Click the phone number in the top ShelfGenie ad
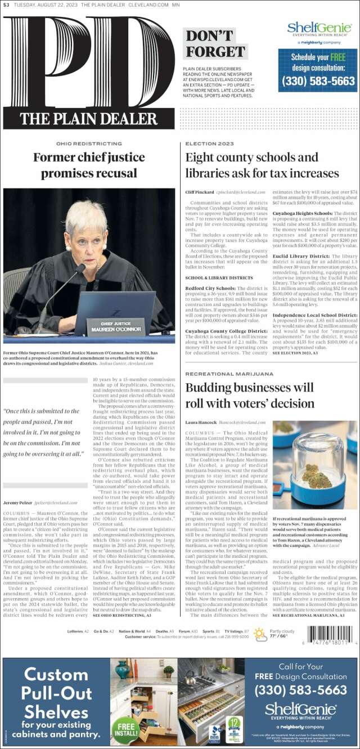click(x=318, y=81)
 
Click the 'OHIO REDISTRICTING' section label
click(x=89, y=144)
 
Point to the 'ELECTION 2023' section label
click(x=205, y=144)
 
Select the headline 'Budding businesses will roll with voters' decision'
click(x=249, y=396)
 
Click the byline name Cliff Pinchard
click(x=199, y=192)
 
